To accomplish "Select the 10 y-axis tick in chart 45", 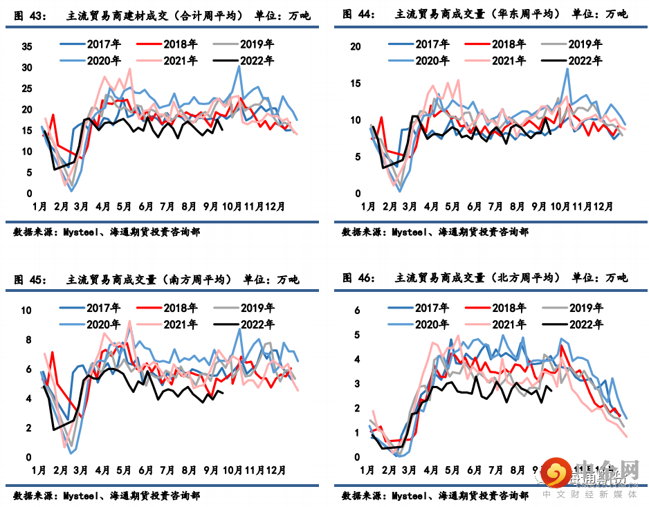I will (x=27, y=311).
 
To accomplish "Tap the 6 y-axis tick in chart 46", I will (x=357, y=311).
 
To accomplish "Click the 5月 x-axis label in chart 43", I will (x=125, y=206).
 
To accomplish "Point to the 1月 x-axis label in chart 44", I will (x=367, y=206).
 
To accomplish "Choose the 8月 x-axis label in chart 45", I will (x=188, y=470).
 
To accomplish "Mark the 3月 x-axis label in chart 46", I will (x=410, y=470).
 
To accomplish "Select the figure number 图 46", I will (x=358, y=277).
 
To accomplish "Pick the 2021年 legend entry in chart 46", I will (x=508, y=323).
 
